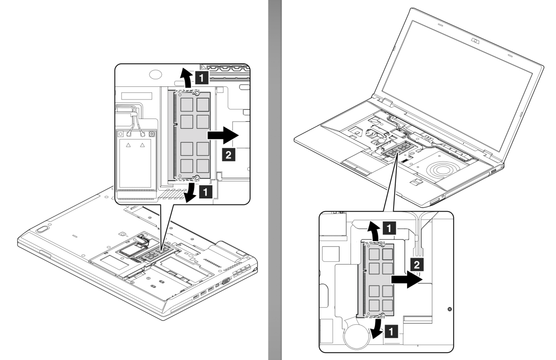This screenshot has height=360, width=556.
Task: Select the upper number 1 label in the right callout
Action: point(391,227)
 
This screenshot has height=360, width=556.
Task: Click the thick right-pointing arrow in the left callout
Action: point(223,135)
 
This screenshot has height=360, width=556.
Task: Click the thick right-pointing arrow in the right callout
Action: point(406,280)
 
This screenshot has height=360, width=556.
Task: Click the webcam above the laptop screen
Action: point(476,41)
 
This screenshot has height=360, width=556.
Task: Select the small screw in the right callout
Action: point(449,309)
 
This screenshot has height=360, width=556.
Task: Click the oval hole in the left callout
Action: point(155,75)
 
